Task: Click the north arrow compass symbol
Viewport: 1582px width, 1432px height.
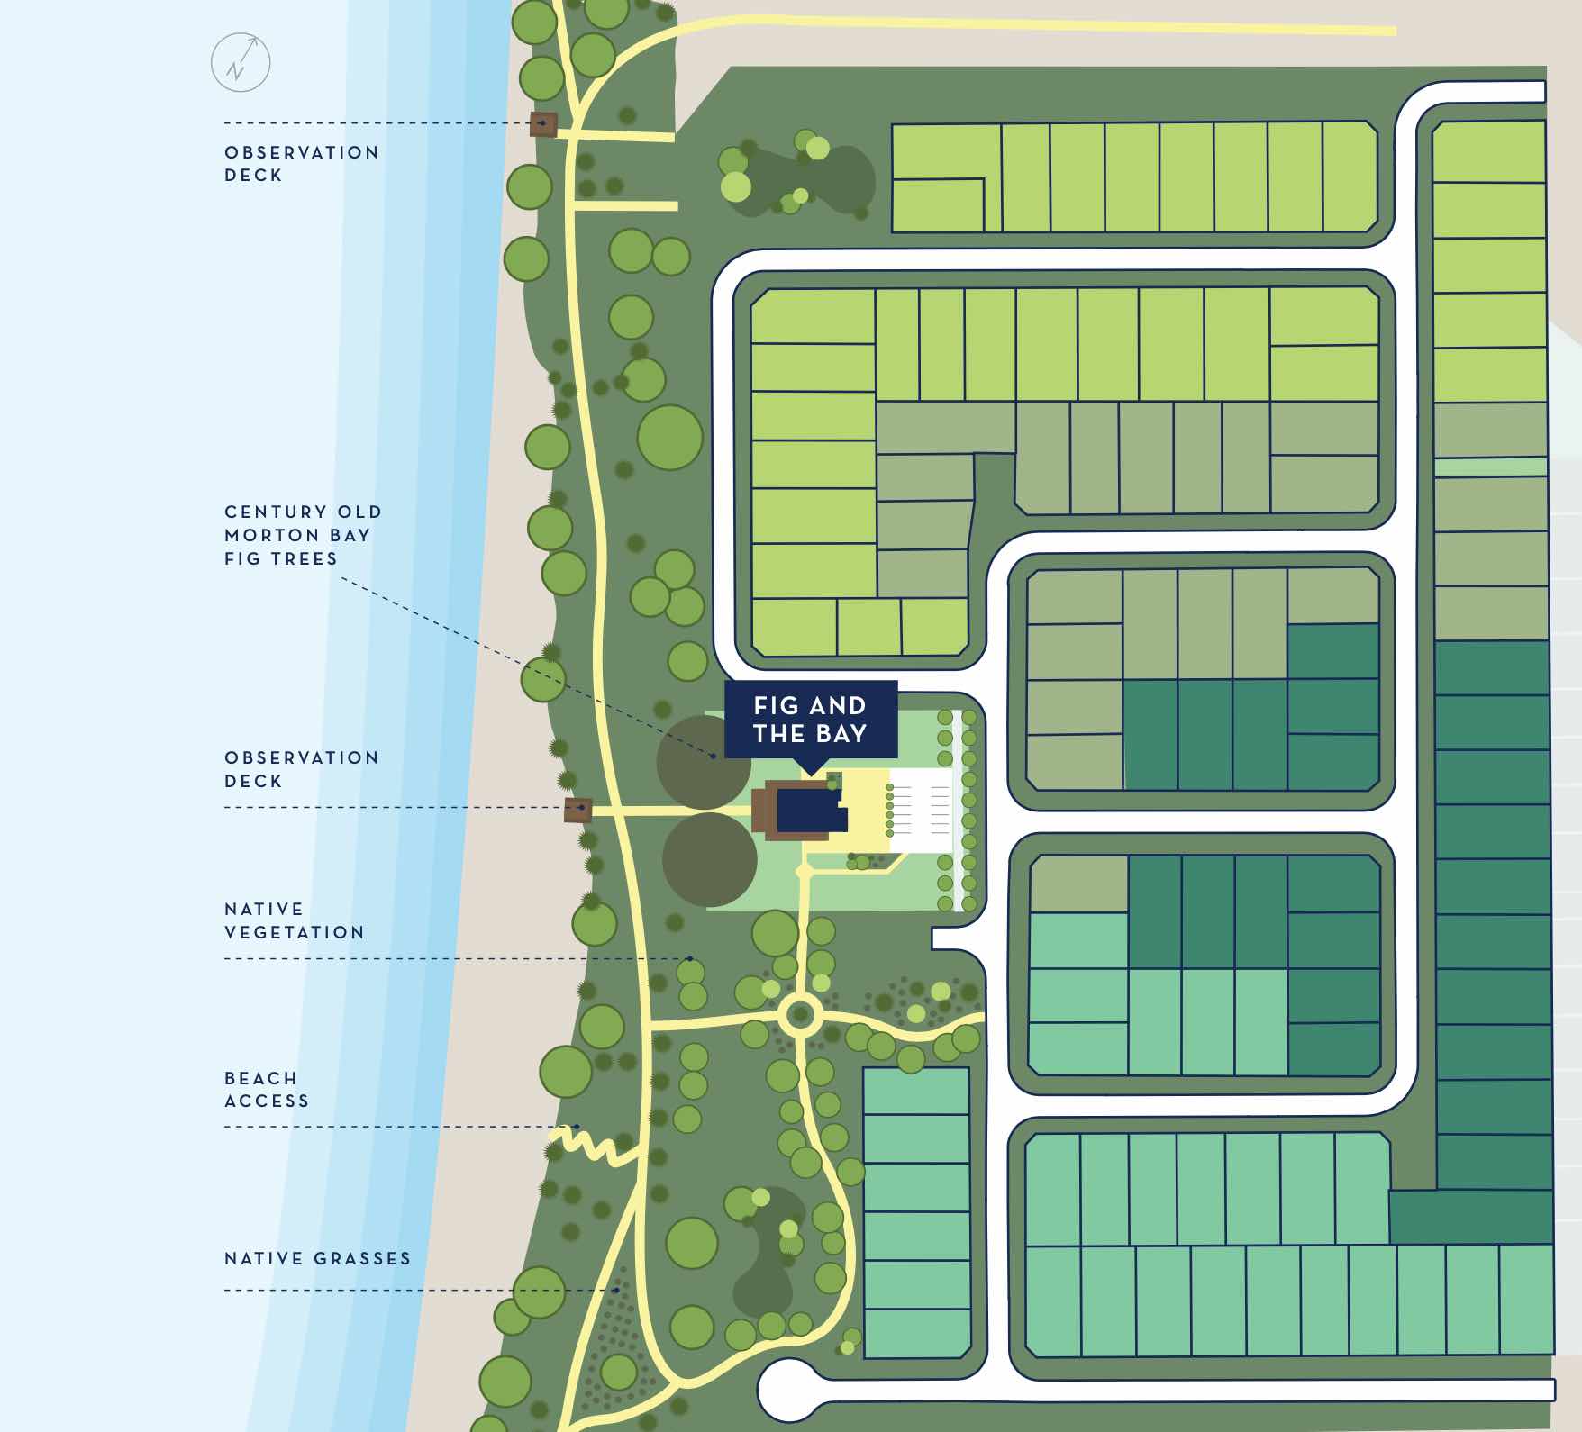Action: click(x=240, y=63)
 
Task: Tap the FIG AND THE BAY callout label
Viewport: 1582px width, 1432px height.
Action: click(x=811, y=720)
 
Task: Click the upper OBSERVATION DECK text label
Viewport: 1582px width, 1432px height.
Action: click(x=302, y=164)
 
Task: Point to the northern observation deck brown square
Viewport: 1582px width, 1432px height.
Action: click(x=543, y=124)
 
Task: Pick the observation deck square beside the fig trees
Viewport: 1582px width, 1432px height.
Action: click(x=577, y=809)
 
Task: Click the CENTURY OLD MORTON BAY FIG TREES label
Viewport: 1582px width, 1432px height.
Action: click(x=304, y=535)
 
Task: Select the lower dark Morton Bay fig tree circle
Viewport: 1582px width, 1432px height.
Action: click(x=709, y=859)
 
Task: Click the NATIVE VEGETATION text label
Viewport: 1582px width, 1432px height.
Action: click(x=295, y=920)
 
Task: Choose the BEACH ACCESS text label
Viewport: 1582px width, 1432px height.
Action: click(x=267, y=1089)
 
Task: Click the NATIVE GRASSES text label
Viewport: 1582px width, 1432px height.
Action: click(x=317, y=1258)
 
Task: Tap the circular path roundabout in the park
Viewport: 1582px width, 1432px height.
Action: click(x=799, y=1016)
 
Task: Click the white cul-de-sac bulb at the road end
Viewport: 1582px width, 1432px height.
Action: click(x=785, y=1391)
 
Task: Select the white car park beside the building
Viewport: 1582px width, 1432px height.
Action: click(x=921, y=810)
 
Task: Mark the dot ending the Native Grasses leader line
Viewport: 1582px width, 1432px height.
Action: click(x=616, y=1291)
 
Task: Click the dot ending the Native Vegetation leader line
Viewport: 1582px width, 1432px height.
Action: click(x=690, y=958)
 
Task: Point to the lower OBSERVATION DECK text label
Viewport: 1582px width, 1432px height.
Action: click(x=302, y=769)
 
